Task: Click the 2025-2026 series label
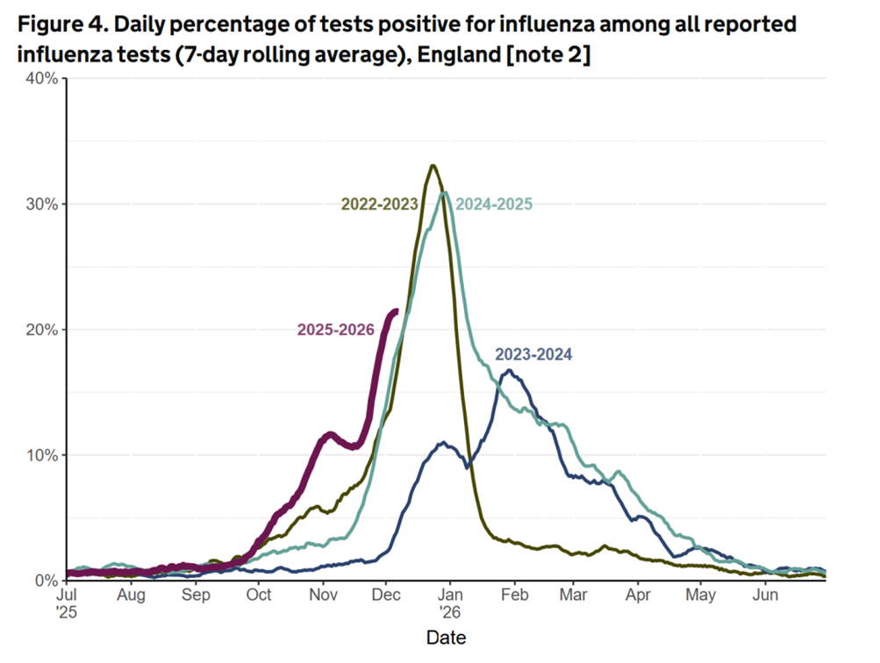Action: pos(335,330)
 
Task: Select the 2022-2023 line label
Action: pos(379,205)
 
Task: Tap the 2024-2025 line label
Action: pos(494,205)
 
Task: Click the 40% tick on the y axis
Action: pos(41,79)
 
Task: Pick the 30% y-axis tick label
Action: pos(41,204)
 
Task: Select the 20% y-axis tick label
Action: pos(41,330)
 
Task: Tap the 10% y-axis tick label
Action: pos(41,455)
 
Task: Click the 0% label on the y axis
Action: pos(45,581)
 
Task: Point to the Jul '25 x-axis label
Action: pos(67,602)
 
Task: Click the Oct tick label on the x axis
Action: pos(259,595)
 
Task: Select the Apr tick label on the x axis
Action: pos(637,595)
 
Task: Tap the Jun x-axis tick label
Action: pos(765,595)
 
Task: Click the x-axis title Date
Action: pos(446,637)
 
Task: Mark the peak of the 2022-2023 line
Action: pos(433,165)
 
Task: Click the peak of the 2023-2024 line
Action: pos(508,370)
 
